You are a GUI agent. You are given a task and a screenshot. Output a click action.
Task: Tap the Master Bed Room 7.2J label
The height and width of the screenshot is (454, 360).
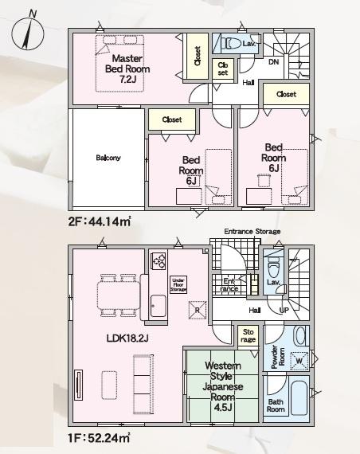[127, 69]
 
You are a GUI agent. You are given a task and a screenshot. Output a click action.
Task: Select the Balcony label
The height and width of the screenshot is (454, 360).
[108, 158]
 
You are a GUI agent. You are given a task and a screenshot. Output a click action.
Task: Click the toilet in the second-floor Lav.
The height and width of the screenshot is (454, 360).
[233, 44]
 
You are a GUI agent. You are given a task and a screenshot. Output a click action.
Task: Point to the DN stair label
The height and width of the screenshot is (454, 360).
[274, 61]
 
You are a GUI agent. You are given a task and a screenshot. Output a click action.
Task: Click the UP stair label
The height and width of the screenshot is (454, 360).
[284, 311]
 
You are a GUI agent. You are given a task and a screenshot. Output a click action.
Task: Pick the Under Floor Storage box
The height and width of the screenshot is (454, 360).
[178, 284]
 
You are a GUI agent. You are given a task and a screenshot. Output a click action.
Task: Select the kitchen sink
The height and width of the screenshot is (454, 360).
[158, 306]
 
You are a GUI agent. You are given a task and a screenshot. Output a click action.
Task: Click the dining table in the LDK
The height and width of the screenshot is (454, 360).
[119, 295]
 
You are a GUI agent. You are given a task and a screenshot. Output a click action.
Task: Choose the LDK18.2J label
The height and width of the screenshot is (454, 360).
[127, 339]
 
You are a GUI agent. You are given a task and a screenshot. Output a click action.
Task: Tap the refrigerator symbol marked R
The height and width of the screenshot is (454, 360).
[198, 310]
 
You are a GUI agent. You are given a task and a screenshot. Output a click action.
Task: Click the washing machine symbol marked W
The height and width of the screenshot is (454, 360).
[299, 361]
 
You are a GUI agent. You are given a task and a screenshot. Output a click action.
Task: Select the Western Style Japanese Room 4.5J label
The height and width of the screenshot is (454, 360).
[222, 386]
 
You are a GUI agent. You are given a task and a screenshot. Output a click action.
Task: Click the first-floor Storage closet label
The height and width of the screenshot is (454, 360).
[248, 335]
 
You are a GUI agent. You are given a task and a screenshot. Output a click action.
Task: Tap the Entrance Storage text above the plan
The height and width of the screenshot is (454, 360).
[252, 232]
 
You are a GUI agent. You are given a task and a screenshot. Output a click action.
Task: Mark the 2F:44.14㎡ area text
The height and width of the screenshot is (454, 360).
[100, 221]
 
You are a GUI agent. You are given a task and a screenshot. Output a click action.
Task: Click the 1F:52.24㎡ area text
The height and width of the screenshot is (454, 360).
[99, 438]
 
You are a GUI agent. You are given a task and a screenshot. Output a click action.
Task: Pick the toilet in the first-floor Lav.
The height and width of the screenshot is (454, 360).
[273, 270]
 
